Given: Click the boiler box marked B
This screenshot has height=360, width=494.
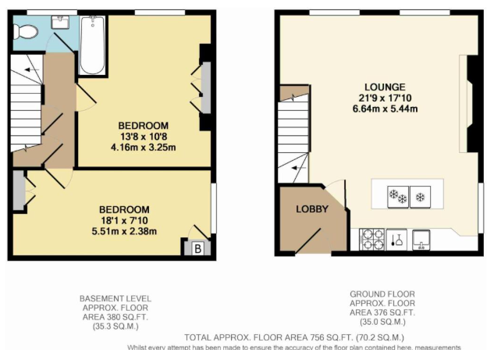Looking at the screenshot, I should [x=197, y=248].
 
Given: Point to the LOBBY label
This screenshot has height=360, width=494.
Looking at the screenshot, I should [x=311, y=209].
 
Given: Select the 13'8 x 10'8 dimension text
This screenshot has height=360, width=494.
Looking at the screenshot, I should [x=143, y=137].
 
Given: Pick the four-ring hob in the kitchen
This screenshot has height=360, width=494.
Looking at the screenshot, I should [x=371, y=238].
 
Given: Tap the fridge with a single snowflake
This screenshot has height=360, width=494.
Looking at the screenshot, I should [x=421, y=195].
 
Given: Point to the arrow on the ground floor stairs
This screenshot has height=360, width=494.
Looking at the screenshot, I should [x=294, y=166].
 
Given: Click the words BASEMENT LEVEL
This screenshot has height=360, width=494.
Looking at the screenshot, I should [x=116, y=298].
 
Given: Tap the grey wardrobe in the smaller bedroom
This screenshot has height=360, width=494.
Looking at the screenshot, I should [x=17, y=193].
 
